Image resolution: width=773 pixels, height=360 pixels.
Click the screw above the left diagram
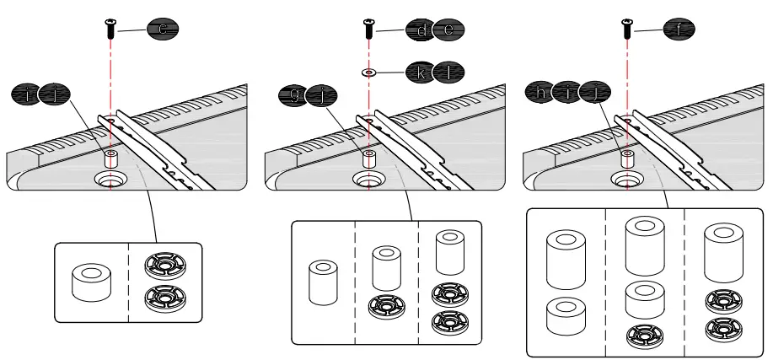[110, 30]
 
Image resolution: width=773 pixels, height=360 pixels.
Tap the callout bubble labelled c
[163, 30]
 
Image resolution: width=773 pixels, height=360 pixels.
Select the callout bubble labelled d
[421, 30]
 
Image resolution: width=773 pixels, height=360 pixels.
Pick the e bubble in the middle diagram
[449, 30]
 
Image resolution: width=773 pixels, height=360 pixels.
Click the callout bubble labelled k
[421, 73]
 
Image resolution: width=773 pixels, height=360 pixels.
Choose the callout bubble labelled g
[293, 95]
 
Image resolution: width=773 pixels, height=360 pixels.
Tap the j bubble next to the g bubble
[321, 95]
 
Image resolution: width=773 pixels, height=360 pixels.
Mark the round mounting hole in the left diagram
[110, 179]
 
